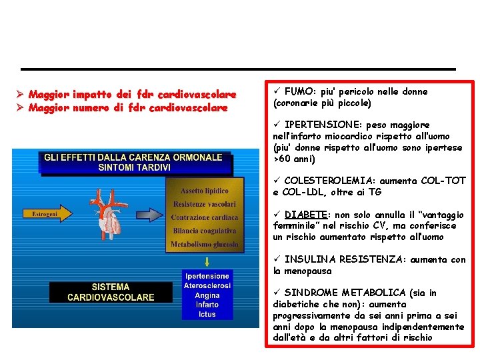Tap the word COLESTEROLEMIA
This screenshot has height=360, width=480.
(x=329, y=181)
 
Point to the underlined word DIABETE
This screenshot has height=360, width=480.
(x=305, y=215)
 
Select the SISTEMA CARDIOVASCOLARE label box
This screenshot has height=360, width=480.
(x=111, y=292)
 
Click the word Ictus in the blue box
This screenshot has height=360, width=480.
(x=207, y=314)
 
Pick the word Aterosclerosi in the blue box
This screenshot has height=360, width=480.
(x=207, y=285)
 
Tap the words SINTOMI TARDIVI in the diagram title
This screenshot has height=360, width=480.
(x=133, y=167)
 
